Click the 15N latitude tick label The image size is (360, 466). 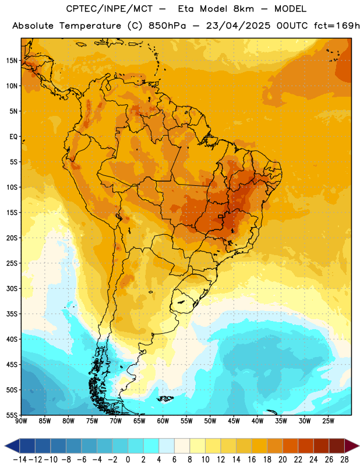pos(12,61)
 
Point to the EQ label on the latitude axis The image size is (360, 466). pos(13,137)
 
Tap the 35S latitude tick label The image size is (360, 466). pos(12,314)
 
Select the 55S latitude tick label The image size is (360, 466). pos(12,415)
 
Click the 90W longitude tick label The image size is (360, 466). pos(21,421)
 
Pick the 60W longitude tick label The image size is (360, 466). pos(163,421)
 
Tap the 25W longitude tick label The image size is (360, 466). pos(328,421)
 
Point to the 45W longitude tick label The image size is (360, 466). pos(234,421)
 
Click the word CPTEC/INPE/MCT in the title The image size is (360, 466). pos(110,9)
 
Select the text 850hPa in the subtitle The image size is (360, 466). pos(167,26)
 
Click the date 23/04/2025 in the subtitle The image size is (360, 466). pos(238,26)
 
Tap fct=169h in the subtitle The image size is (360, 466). pos(337,26)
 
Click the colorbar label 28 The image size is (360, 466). pos(344,460)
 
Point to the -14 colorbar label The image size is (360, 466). pos(20,460)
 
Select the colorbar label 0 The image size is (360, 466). pos(128,460)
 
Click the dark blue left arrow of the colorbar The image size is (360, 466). pos(12,446)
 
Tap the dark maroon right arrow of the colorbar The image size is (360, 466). pos(352,446)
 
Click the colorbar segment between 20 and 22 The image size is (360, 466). pos(290,446)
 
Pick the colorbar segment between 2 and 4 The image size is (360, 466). pos(151,446)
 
